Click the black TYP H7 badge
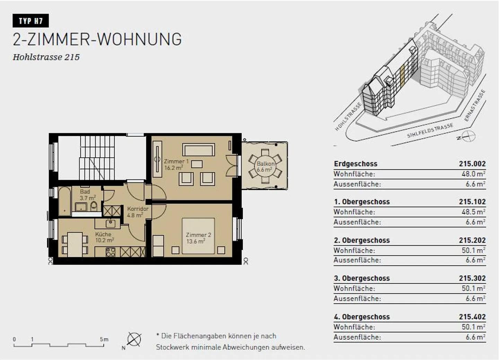30,21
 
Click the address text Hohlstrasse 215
46,57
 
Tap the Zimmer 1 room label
176,164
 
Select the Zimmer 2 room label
198,238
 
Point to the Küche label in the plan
104,237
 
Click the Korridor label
137,212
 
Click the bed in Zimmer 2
198,236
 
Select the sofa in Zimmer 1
199,150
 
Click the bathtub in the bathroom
64,200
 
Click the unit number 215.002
472,164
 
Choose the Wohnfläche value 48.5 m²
473,212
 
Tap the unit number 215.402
472,317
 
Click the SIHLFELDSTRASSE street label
430,131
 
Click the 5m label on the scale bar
104,339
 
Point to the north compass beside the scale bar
134,339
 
